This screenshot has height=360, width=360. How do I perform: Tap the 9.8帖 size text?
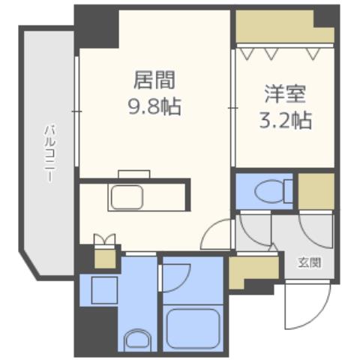pyautogui.click(x=155, y=104)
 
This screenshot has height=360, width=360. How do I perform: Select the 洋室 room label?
pyautogui.click(x=283, y=95)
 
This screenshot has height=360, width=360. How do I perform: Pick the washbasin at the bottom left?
pyautogui.click(x=136, y=339)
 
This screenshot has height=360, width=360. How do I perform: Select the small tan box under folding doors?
pyautogui.click(x=104, y=258)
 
